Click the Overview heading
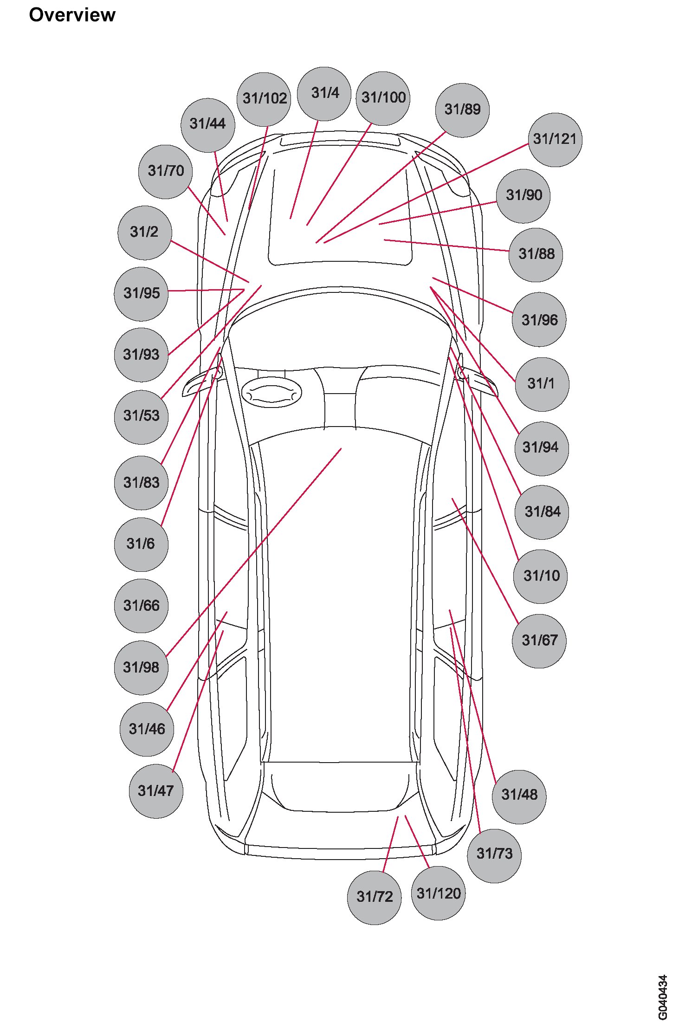coord(72,15)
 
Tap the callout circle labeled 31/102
coord(264,99)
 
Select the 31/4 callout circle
coord(324,93)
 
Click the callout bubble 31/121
coord(555,139)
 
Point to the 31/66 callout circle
coord(141,605)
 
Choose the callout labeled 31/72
coord(374,897)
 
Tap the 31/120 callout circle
coord(438,893)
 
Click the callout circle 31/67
coord(539,641)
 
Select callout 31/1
coord(541,384)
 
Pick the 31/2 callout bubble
coord(144,232)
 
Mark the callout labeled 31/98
coord(141,667)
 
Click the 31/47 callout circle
coord(156,790)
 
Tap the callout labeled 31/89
coord(462,110)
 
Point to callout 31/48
coord(519,795)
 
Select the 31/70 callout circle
coord(166,171)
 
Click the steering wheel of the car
coord(271,393)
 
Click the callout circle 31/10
coord(541,576)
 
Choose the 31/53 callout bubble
coord(141,416)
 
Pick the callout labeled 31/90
coord(523,195)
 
